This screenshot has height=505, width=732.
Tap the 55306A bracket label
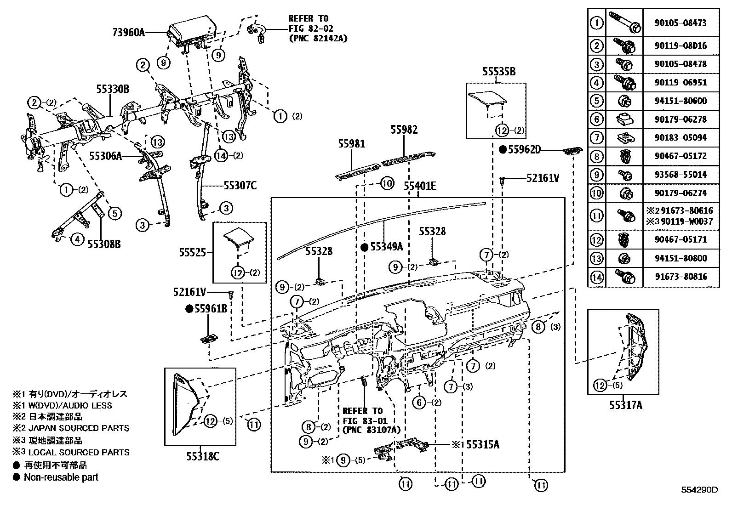pyautogui.click(x=105, y=156)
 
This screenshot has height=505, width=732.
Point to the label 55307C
pyautogui.click(x=240, y=186)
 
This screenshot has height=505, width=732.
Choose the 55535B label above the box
pyautogui.click(x=498, y=72)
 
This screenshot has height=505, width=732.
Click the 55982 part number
pyautogui.click(x=404, y=130)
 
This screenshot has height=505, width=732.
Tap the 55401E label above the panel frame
pyautogui.click(x=420, y=186)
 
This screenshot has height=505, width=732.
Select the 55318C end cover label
pyautogui.click(x=202, y=456)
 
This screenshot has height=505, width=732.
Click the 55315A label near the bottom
pyautogui.click(x=482, y=444)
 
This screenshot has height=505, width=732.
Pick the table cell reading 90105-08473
pyautogui.click(x=681, y=23)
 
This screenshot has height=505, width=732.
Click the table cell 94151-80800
pyautogui.click(x=681, y=258)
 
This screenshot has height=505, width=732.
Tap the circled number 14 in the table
pyautogui.click(x=596, y=277)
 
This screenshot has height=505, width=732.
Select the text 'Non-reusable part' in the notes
pyautogui.click(x=61, y=477)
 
